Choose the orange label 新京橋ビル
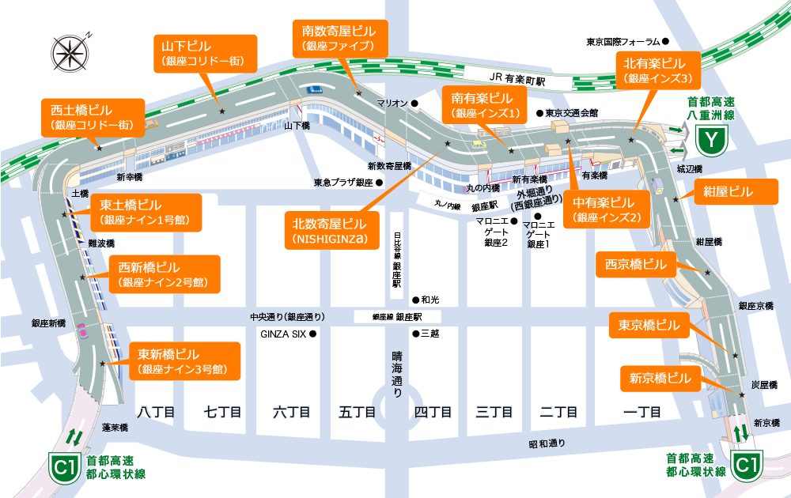(x=660, y=377)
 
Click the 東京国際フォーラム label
(x=623, y=41)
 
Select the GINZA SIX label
(x=283, y=334)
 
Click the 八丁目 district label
(x=156, y=412)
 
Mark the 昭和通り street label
(x=547, y=443)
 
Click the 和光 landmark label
(x=430, y=300)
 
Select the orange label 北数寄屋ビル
(x=330, y=231)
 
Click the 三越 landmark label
(x=430, y=334)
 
